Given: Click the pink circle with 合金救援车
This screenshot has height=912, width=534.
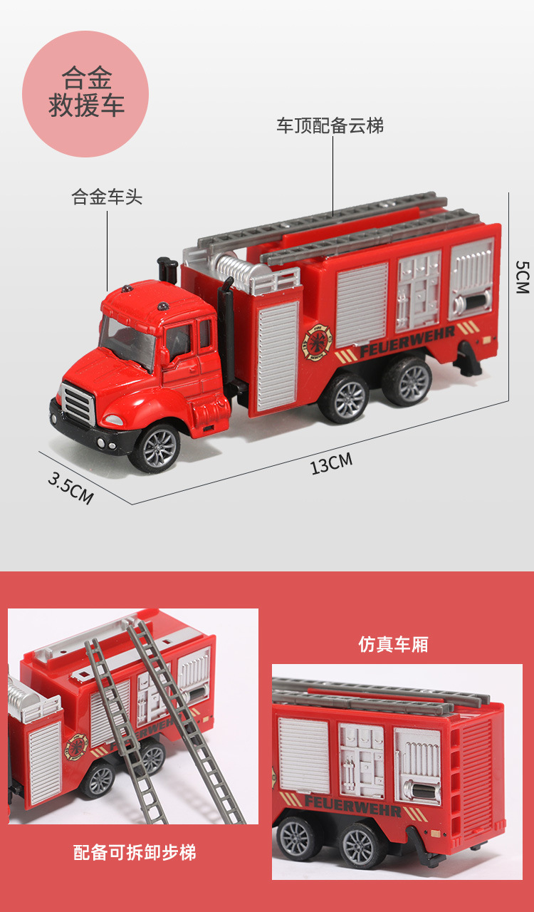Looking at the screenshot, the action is pyautogui.click(x=85, y=93).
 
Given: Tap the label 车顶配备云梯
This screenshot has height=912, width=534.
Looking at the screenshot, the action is pyautogui.click(x=330, y=125).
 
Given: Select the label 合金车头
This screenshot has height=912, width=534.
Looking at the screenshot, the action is pyautogui.click(x=107, y=197).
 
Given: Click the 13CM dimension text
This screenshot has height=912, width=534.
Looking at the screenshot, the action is pyautogui.click(x=331, y=464).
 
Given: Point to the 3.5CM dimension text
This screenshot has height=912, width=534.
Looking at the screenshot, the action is pyautogui.click(x=70, y=488).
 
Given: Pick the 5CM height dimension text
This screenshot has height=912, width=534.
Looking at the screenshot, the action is pyautogui.click(x=522, y=277).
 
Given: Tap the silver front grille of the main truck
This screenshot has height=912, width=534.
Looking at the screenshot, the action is pyautogui.click(x=78, y=403).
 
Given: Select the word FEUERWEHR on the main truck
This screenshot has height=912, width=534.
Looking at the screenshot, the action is pyautogui.click(x=407, y=341).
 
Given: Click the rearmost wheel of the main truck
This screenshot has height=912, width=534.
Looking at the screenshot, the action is pyautogui.click(x=407, y=381).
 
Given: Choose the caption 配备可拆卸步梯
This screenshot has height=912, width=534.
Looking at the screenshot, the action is pyautogui.click(x=135, y=852).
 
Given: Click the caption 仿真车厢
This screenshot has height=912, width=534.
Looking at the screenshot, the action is pyautogui.click(x=393, y=645).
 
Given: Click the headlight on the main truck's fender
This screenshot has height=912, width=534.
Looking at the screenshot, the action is pyautogui.click(x=112, y=420).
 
